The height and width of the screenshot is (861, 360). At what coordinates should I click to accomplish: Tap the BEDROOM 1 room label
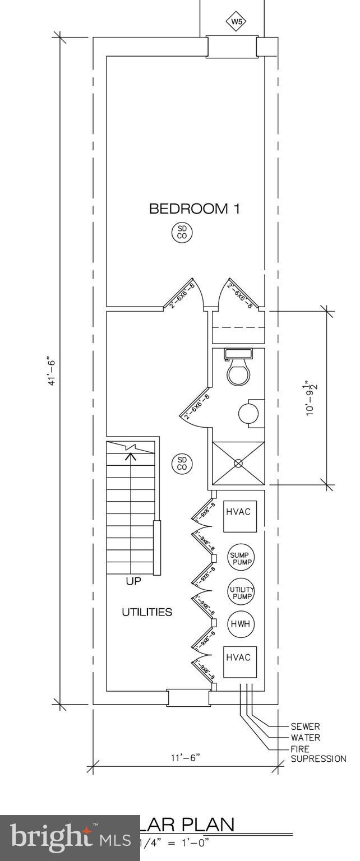(194, 209)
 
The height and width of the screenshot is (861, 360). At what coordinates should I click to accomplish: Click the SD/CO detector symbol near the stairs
(182, 464)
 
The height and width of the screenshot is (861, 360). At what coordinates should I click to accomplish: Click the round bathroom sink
(247, 414)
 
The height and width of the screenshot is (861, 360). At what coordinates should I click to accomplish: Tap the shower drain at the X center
(238, 463)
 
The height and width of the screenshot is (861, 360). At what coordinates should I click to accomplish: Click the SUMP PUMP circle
(241, 558)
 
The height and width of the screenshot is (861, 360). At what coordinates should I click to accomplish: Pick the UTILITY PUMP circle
(241, 591)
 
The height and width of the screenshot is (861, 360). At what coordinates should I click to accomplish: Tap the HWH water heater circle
(241, 624)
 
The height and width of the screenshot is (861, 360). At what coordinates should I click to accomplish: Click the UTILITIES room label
(147, 612)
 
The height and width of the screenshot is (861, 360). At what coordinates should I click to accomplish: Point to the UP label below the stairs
(133, 582)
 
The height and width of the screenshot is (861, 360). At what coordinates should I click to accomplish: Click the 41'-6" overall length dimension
(52, 370)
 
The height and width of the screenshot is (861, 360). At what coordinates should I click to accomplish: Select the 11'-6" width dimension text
(185, 758)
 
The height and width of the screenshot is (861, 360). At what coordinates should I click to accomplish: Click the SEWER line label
(305, 726)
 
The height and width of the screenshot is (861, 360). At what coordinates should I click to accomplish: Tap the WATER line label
(305, 738)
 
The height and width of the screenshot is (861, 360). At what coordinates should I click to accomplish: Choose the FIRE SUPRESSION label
(318, 754)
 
